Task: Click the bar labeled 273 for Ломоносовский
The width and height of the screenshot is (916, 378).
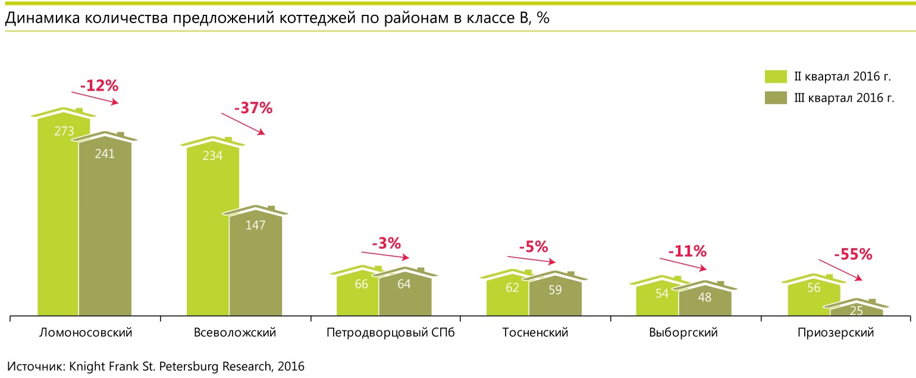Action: click(58, 214)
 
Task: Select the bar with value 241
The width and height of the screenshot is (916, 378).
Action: click(105, 226)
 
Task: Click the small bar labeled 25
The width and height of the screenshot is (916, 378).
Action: click(857, 310)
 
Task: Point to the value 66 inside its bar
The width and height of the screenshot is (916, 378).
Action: click(361, 284)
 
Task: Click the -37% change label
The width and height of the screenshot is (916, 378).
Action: click(253, 108)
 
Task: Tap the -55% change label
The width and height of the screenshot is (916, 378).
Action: click(853, 255)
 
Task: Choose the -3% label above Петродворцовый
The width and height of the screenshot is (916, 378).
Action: click(387, 243)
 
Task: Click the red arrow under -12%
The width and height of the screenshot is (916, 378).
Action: click(95, 98)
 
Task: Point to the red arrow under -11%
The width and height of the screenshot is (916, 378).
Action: click(683, 264)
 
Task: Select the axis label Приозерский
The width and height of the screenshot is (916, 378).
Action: click(835, 333)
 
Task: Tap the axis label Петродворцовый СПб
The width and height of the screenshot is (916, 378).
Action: click(390, 333)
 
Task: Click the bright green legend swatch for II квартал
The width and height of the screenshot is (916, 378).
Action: click(775, 76)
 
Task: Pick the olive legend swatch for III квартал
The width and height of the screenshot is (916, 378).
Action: click(775, 98)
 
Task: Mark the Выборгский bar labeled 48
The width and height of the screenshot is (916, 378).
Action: click(705, 298)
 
